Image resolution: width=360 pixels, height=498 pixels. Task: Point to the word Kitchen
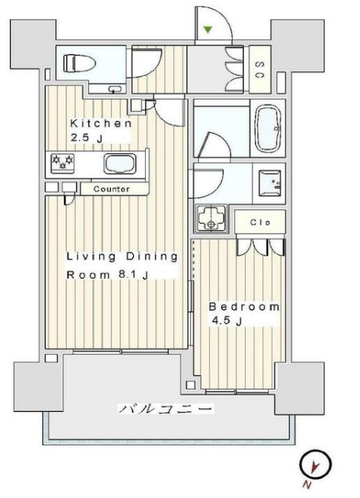coord(101,123)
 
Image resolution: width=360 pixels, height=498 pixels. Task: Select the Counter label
coord(111,189)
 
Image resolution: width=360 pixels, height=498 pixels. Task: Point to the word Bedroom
coord(244,307)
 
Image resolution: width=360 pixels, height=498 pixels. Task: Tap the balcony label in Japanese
coord(165,409)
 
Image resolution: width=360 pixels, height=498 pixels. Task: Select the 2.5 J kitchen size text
coord(85,137)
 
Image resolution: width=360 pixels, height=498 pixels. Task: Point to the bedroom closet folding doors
coord(261,246)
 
